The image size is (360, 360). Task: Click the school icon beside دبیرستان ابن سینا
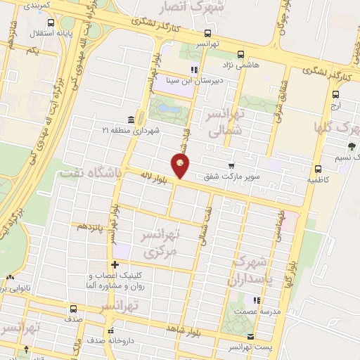[x=194, y=70]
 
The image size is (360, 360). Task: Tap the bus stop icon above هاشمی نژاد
[x=241, y=54]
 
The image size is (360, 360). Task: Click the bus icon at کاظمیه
[x=319, y=169]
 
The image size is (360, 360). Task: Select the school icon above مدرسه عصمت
[x=257, y=300]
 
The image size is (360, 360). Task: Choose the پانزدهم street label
[x=91, y=226]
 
